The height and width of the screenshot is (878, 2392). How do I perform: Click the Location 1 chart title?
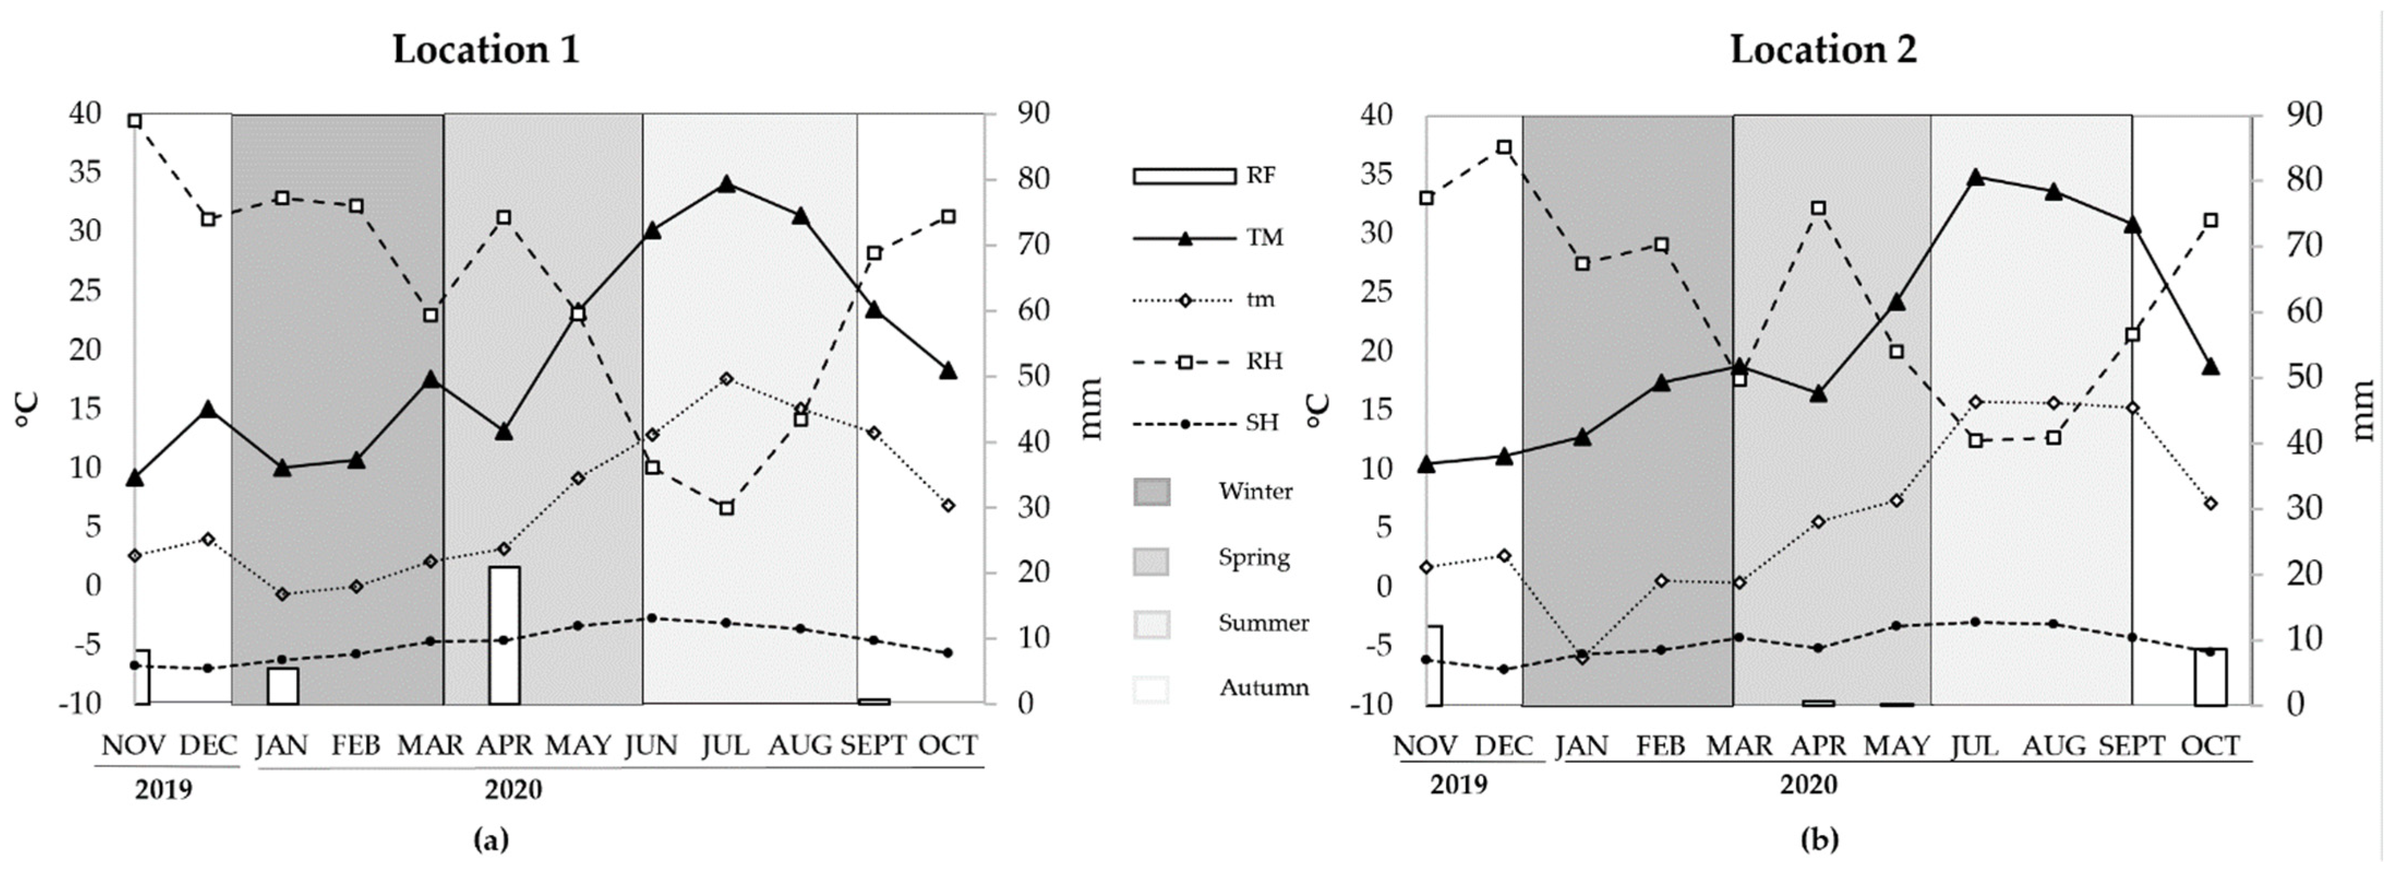[x=486, y=49]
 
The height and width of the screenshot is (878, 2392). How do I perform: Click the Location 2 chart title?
[x=1823, y=49]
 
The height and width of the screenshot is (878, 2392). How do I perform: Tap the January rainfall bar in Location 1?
[x=282, y=686]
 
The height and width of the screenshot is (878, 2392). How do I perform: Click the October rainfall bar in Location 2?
[x=2210, y=677]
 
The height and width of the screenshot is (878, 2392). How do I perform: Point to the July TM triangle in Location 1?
[x=726, y=184]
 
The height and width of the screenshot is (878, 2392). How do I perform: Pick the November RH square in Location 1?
[x=135, y=121]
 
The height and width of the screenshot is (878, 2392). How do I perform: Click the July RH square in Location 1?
[x=726, y=507]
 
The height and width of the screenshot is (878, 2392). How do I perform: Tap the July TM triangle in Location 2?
[x=1975, y=177]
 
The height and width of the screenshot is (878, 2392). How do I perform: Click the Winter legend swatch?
[x=1152, y=492]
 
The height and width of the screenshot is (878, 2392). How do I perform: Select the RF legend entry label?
[x=1260, y=176]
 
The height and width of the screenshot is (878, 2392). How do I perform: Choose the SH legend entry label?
[x=1262, y=423]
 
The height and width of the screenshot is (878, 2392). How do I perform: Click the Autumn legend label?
[x=1264, y=688]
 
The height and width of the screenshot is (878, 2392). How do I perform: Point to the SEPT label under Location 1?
[x=873, y=745]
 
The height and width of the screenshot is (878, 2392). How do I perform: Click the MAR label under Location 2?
[x=1739, y=746]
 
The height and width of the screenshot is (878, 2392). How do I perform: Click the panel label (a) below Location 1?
[x=491, y=840]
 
